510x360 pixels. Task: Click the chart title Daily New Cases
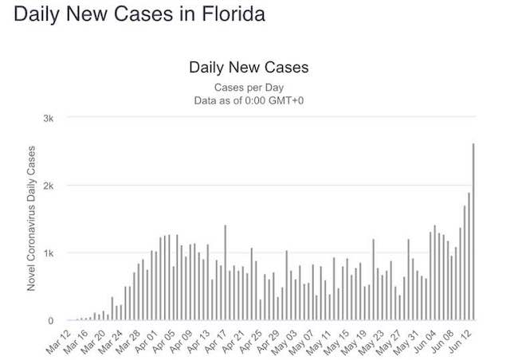pos(248,68)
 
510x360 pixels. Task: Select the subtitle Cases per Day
pos(249,87)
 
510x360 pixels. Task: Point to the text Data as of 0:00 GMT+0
pos(249,100)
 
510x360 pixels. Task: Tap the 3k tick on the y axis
pos(49,118)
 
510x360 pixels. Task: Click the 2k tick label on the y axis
pos(49,186)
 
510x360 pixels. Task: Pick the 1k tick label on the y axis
pos(49,253)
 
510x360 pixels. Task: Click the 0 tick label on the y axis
pos(51,320)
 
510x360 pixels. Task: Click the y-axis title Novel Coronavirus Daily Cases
pos(32,217)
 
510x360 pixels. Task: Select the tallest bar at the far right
pos(473,232)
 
